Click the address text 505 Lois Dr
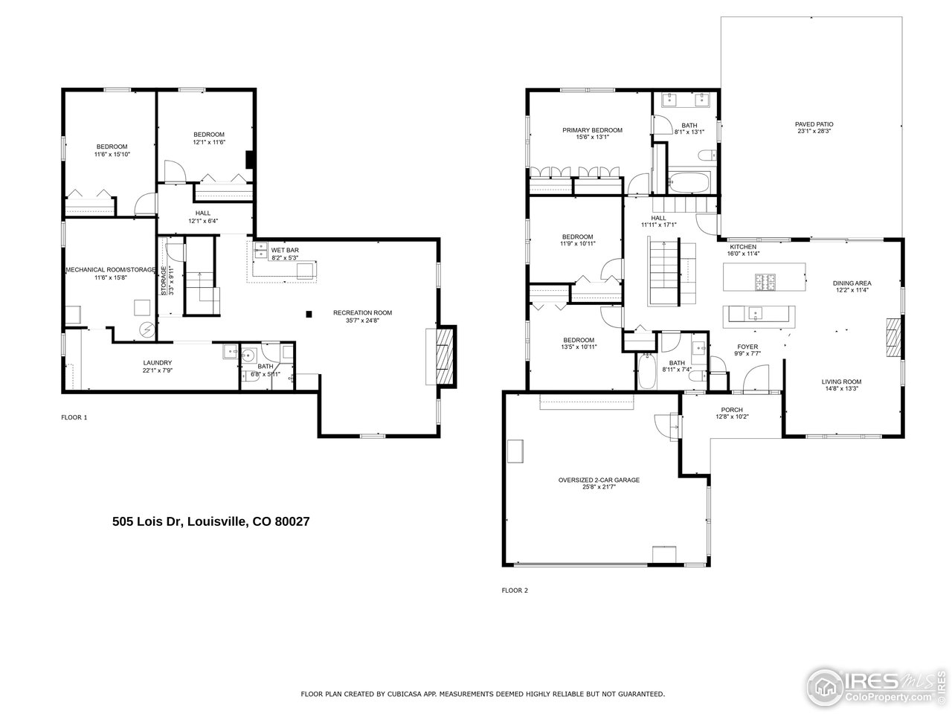tap(210, 522)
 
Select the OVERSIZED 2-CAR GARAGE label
tap(599, 480)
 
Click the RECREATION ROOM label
tap(362, 312)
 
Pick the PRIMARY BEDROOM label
tap(592, 130)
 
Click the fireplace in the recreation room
tap(444, 356)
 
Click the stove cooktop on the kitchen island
tap(766, 282)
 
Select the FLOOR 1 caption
tap(74, 418)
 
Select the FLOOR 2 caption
tap(515, 591)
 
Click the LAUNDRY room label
tap(158, 363)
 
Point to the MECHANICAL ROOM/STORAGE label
tap(111, 269)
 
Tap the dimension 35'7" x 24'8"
tap(362, 321)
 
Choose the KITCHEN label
tap(742, 247)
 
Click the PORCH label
tap(732, 410)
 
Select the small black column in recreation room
tap(309, 314)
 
